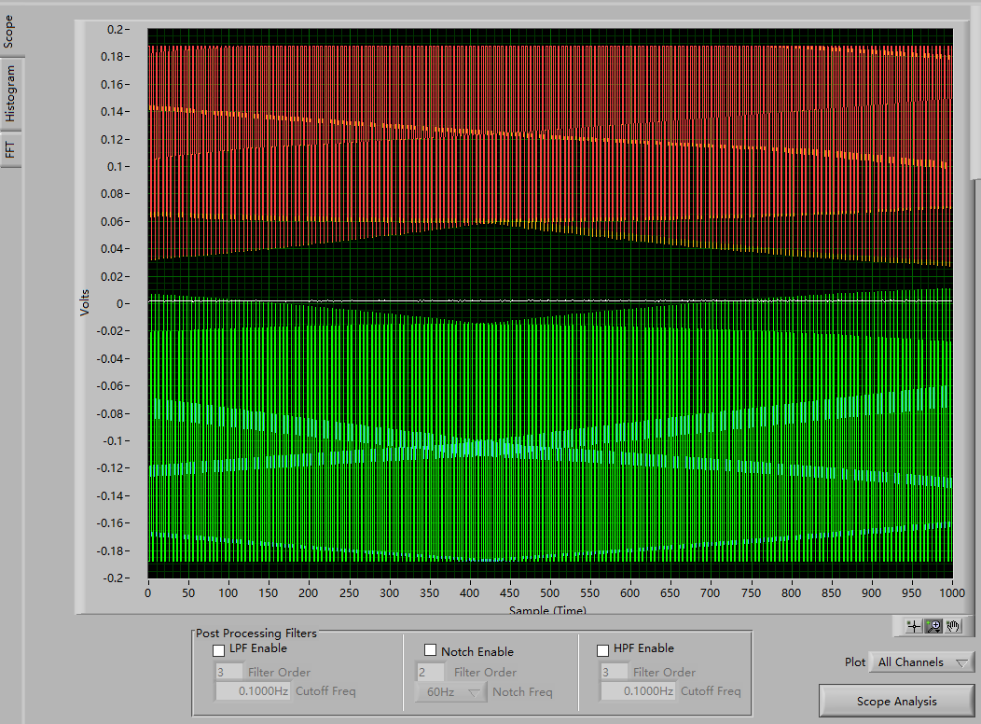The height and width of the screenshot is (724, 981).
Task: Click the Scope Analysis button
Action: pyautogui.click(x=896, y=701)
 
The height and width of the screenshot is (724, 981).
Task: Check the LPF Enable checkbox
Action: pyautogui.click(x=219, y=650)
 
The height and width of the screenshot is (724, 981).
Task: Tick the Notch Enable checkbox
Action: pyautogui.click(x=431, y=650)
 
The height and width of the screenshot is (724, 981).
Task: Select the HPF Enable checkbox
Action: pyautogui.click(x=603, y=650)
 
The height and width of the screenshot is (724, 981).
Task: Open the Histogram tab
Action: pyautogui.click(x=10, y=94)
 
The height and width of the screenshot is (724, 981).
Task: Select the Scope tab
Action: pyautogui.click(x=8, y=31)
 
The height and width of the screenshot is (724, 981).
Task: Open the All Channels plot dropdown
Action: pyautogui.click(x=920, y=662)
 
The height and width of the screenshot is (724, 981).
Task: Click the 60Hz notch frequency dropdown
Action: pyautogui.click(x=450, y=692)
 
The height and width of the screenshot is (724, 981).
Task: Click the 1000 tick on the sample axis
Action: pyautogui.click(x=951, y=593)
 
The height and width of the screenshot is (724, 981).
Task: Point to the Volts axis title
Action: pyautogui.click(x=85, y=303)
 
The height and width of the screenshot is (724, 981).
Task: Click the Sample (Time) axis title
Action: pyautogui.click(x=548, y=610)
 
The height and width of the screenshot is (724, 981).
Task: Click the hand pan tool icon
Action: pyautogui.click(x=953, y=626)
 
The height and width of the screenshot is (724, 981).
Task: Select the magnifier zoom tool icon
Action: pyautogui.click(x=933, y=626)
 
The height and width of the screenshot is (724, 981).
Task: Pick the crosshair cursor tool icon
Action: pyautogui.click(x=914, y=626)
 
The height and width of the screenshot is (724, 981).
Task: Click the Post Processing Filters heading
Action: pyautogui.click(x=256, y=633)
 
